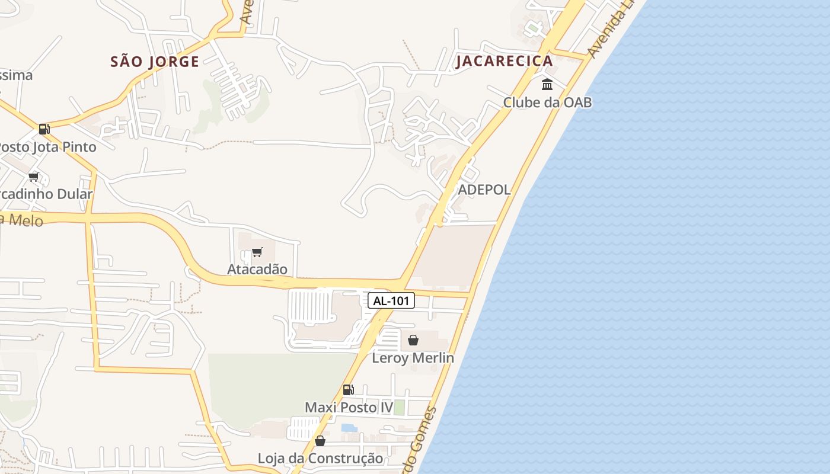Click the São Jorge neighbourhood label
click(155, 61)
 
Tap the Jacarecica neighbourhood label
click(504, 60)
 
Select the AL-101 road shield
click(391, 300)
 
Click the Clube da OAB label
click(547, 102)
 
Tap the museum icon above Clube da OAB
click(547, 84)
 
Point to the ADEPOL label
click(484, 190)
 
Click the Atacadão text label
click(257, 269)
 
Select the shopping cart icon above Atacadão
click(257, 252)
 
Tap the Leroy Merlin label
click(413, 358)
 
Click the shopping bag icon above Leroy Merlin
click(413, 340)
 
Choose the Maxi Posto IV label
click(349, 408)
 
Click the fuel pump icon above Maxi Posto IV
click(349, 390)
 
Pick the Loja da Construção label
click(320, 459)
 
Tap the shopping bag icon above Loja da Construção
click(320, 441)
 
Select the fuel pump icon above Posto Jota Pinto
click(44, 129)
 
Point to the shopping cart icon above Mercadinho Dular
click(34, 177)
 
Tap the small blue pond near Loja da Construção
click(349, 428)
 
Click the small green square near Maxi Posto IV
click(400, 408)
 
